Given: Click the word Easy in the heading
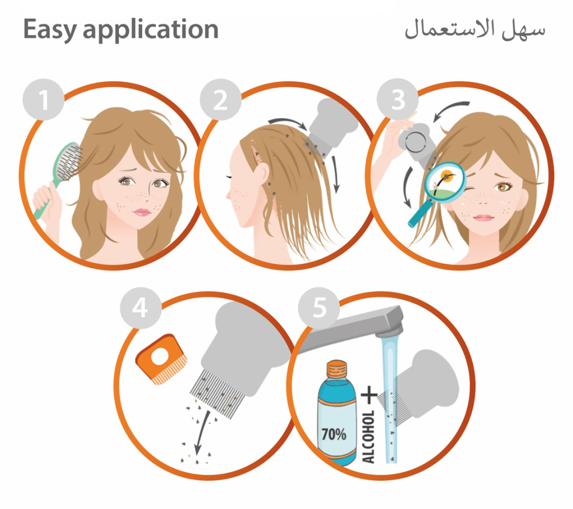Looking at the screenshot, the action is pos(49,30).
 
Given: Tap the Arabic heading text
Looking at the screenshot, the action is pos(474,29).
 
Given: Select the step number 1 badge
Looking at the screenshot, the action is pos(44,100).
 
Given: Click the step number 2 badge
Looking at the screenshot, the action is pos(221,100).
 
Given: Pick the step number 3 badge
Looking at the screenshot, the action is pos(398,99).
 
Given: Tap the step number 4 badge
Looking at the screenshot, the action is pos(141,308).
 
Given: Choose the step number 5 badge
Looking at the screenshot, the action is pos(319,308).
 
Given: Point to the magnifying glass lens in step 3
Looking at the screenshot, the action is pos(445,182).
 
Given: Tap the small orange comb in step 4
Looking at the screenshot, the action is pos(161,359).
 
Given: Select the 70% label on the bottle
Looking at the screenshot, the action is pos(333,434).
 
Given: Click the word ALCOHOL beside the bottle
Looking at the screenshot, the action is pos(368,436).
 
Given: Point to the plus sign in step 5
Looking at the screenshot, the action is pos(370,395).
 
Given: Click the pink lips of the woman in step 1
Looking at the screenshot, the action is pos(142,212).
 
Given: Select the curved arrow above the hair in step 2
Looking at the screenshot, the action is pos(289,122).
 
